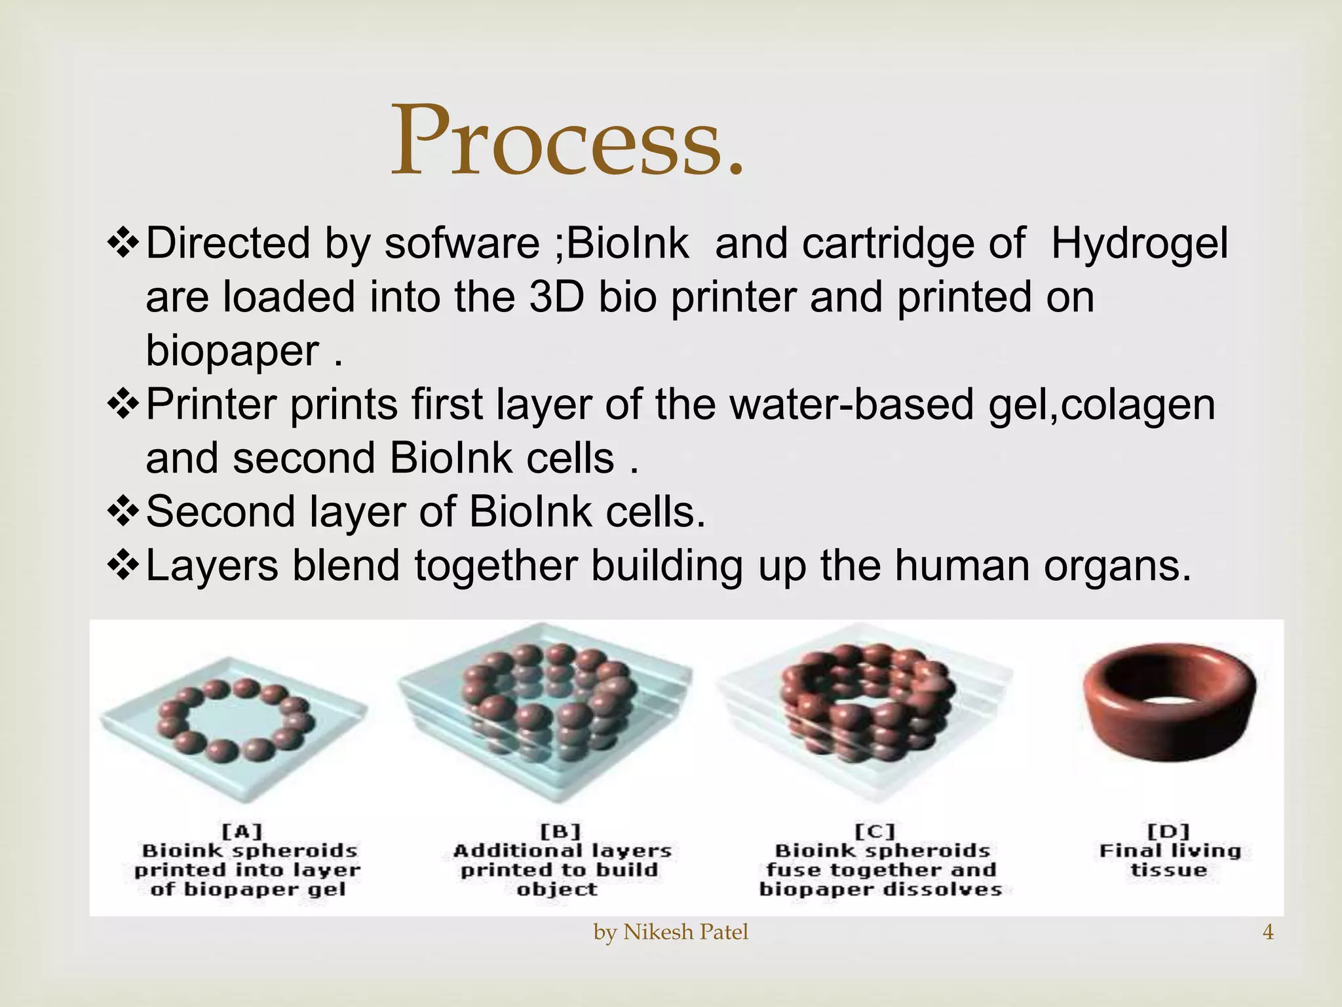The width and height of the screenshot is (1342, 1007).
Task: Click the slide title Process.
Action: click(x=567, y=141)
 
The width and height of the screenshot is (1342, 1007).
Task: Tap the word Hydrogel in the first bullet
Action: click(x=1140, y=243)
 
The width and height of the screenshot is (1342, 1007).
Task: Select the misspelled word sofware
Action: click(x=461, y=243)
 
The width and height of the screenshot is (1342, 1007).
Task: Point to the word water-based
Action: click(x=852, y=405)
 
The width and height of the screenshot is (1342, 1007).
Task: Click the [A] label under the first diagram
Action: click(x=242, y=832)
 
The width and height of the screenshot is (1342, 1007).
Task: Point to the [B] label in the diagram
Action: click(x=561, y=832)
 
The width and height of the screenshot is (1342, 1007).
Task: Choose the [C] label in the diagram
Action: click(x=875, y=832)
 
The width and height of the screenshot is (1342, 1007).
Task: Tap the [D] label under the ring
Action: click(x=1170, y=832)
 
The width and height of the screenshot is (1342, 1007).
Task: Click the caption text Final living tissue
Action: click(x=1170, y=860)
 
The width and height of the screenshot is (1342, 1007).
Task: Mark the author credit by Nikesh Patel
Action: click(x=670, y=932)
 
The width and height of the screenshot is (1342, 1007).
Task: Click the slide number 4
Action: click(x=1268, y=932)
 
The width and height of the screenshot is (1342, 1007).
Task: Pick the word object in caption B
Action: click(x=557, y=890)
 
